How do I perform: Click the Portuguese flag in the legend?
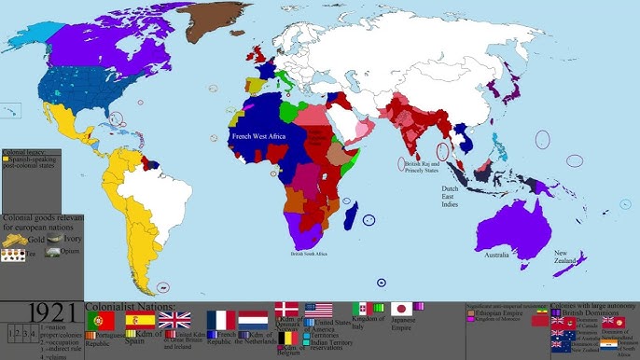click(x=100, y=320)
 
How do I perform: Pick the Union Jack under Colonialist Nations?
click(x=174, y=320)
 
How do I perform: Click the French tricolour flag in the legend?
click(x=220, y=320)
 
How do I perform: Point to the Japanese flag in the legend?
click(x=401, y=309)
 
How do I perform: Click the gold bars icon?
click(x=14, y=241)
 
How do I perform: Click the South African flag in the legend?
click(x=607, y=344)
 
